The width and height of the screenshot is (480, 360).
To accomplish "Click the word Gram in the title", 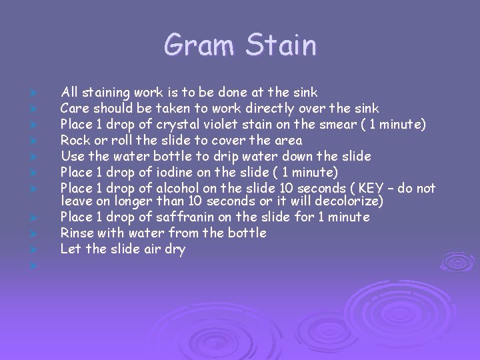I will tap(199, 45).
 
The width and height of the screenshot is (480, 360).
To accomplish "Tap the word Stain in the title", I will tap(280, 45).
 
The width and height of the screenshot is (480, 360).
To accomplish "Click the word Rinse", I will tap(77, 233).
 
